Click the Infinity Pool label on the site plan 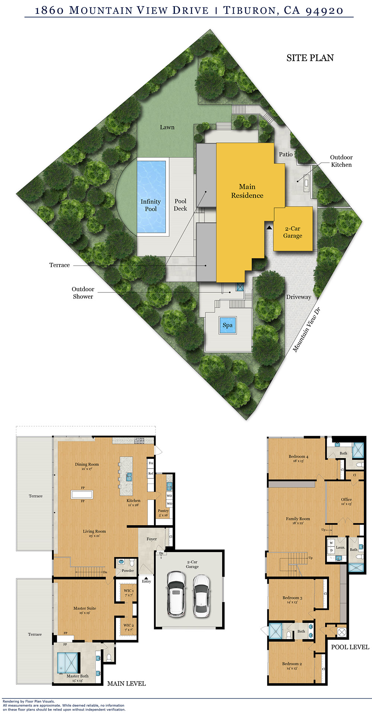[x=151, y=205]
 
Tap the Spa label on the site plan [x=228, y=325]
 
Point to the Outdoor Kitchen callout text [x=341, y=161]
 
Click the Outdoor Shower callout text [x=83, y=292]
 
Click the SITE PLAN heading [x=310, y=58]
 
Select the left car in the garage [x=176, y=593]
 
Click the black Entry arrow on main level [x=146, y=578]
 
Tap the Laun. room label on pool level [x=340, y=547]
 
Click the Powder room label [x=128, y=570]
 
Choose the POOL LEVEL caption [x=350, y=647]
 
